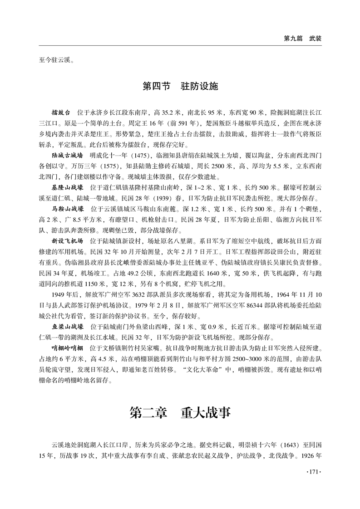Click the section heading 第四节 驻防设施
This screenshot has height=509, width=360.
click(x=180, y=86)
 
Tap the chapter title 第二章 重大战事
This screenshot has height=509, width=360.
click(x=180, y=413)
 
